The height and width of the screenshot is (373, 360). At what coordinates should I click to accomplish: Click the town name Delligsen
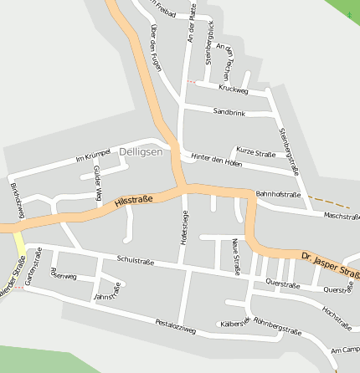pos(141,151)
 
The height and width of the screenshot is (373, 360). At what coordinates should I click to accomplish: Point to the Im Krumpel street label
pos(93,157)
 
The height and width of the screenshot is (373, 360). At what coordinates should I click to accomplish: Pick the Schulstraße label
pos(136,260)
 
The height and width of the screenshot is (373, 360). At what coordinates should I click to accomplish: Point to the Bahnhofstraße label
pos(278,194)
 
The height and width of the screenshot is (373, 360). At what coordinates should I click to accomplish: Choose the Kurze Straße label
pos(256,153)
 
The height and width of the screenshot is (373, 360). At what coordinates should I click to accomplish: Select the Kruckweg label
pos(233,88)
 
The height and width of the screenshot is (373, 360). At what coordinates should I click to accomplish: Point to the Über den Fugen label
pos(156,46)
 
